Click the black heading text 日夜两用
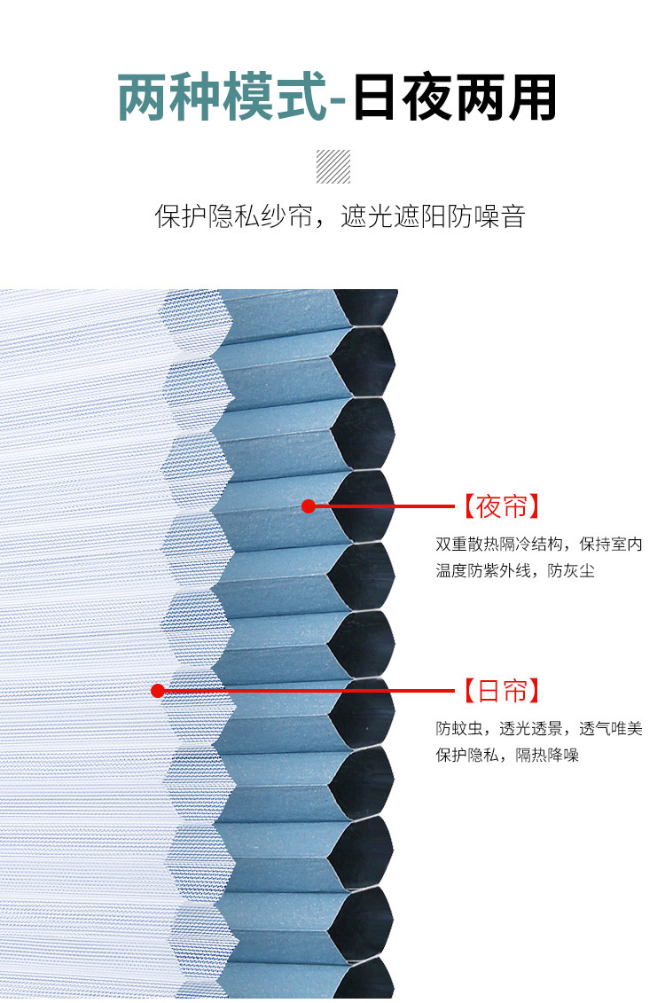455,98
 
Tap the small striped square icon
333,167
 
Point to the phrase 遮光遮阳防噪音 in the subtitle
434,216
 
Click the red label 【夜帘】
500,507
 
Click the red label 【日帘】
500,691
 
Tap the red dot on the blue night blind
309,506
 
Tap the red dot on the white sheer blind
158,691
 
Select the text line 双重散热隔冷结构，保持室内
538,544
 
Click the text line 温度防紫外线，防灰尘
514,570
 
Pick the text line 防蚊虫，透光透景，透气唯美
538,729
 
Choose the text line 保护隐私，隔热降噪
506,756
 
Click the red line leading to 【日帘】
310,691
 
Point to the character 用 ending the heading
532,98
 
